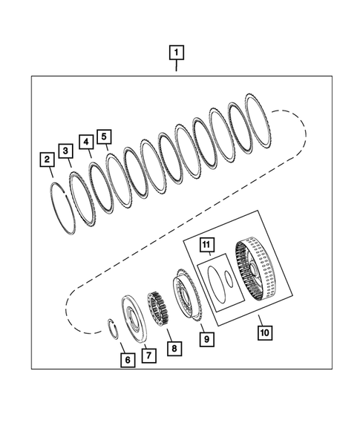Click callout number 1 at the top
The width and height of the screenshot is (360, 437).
177,53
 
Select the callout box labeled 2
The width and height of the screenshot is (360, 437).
47,159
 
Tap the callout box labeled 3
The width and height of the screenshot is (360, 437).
66,151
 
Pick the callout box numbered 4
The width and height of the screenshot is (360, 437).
86,141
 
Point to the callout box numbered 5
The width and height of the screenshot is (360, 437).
104,137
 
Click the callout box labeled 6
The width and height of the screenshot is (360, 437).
128,359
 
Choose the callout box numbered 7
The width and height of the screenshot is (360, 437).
148,355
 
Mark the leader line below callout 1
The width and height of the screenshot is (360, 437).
177,66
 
